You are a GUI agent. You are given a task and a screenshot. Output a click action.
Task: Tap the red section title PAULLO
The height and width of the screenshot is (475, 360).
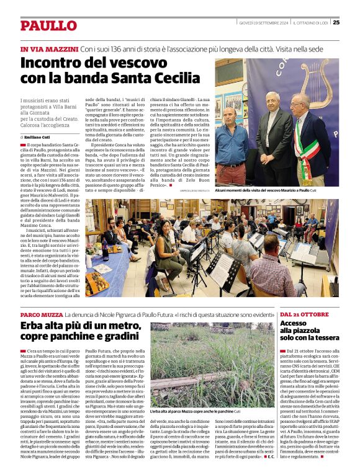coord(48,25)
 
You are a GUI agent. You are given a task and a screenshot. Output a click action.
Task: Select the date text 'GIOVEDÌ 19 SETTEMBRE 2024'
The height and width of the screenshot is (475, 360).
coord(264,23)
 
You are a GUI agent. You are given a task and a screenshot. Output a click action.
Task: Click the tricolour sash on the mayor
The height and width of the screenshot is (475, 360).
coord(310,149)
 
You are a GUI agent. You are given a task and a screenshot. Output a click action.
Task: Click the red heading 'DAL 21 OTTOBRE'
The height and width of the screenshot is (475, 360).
coord(304,316)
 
